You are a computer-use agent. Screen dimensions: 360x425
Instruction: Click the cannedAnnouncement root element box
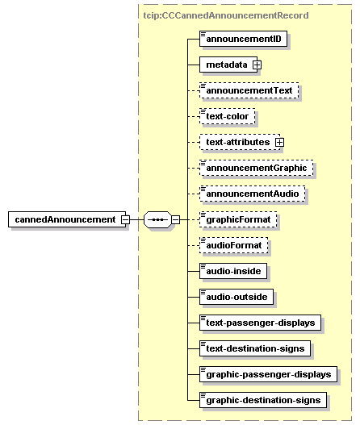pyautogui.click(x=67, y=219)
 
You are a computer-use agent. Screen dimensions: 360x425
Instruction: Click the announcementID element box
pyautogui.click(x=243, y=39)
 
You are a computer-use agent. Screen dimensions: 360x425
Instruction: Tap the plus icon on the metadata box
pyautogui.click(x=257, y=65)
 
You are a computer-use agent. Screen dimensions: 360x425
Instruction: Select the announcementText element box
pyautogui.click(x=249, y=90)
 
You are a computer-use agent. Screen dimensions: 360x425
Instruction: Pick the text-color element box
pyautogui.click(x=228, y=116)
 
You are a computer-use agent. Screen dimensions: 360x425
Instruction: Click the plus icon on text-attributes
pyautogui.click(x=279, y=142)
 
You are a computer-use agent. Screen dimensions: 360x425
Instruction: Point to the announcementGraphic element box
pyautogui.click(x=256, y=168)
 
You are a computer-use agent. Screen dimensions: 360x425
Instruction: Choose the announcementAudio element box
pyautogui.click(x=253, y=194)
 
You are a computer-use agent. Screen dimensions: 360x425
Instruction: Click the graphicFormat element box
pyautogui.click(x=238, y=219)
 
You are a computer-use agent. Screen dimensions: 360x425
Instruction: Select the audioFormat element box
pyautogui.click(x=233, y=245)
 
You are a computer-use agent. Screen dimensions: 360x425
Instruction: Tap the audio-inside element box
pyautogui.click(x=233, y=271)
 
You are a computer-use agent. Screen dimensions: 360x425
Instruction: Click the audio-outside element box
pyautogui.click(x=237, y=297)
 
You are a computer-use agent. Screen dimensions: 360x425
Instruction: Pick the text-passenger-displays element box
pyautogui.click(x=260, y=323)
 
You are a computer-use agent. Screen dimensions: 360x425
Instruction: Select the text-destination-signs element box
pyautogui.click(x=255, y=348)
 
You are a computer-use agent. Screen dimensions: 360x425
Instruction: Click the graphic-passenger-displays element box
pyautogui.click(x=268, y=374)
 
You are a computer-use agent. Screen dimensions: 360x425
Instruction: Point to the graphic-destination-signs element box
pyautogui.click(x=263, y=400)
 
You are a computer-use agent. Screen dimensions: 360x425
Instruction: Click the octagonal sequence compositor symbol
pyautogui.click(x=157, y=219)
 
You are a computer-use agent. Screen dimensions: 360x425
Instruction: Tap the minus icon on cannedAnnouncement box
pyautogui.click(x=125, y=219)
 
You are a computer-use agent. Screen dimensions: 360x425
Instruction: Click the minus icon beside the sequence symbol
pyautogui.click(x=175, y=219)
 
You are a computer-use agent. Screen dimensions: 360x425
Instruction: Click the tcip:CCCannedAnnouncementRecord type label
pyautogui.click(x=226, y=15)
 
